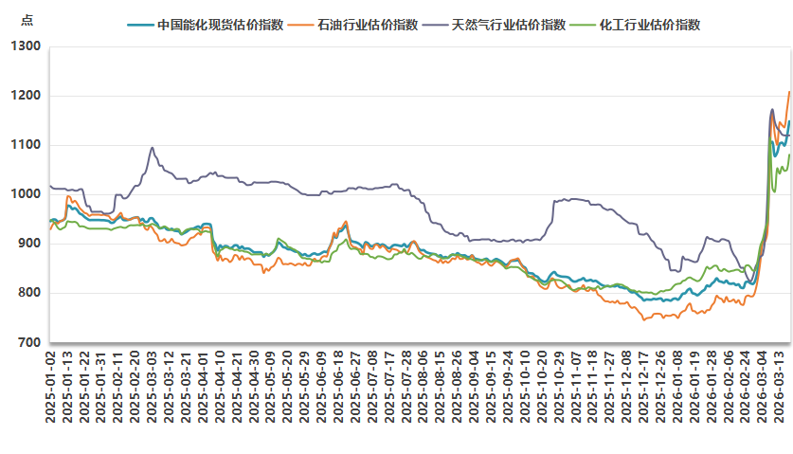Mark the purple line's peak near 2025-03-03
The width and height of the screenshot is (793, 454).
pyautogui.click(x=152, y=147)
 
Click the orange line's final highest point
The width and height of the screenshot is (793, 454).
pyautogui.click(x=788, y=92)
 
